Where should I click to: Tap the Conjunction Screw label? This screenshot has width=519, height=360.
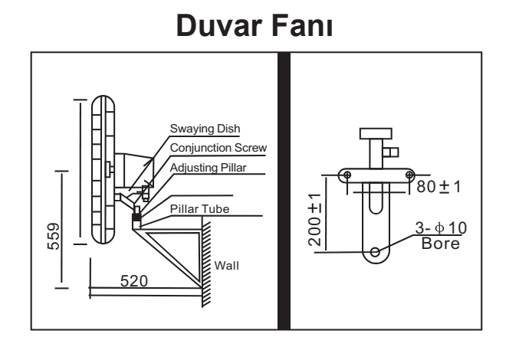(x=218, y=147)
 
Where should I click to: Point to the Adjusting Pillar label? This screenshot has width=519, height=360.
(x=209, y=168)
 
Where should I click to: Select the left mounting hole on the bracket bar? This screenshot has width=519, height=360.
(x=347, y=175)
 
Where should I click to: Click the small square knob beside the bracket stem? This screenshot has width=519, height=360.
(x=394, y=152)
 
